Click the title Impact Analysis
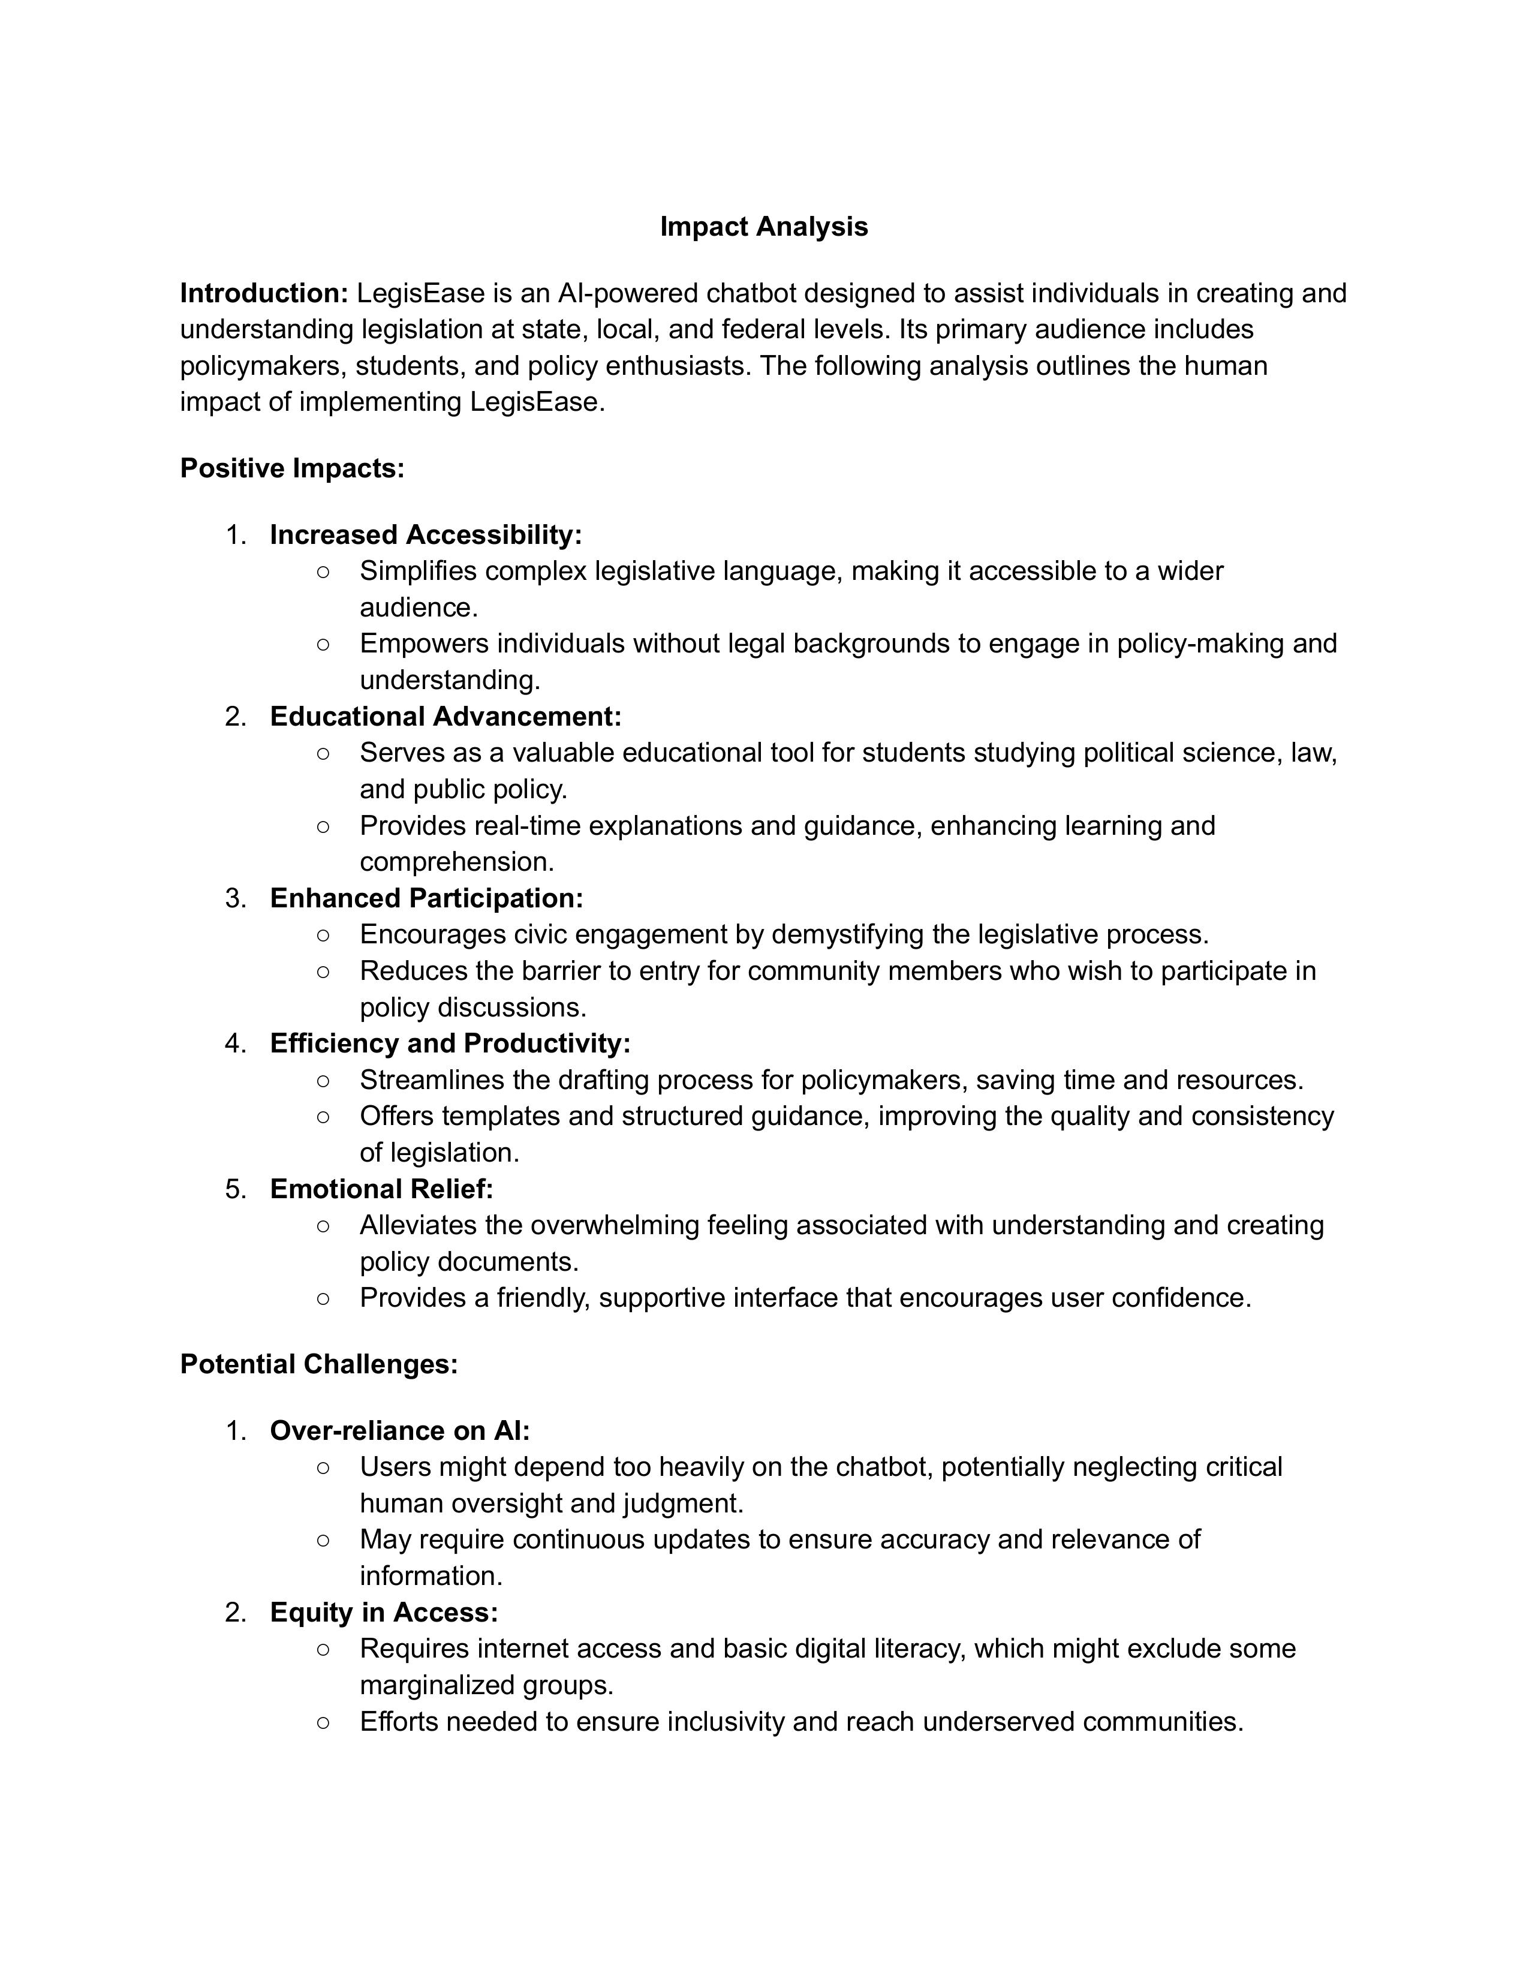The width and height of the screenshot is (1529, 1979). pos(763,227)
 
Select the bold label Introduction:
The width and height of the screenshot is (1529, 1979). pos(264,294)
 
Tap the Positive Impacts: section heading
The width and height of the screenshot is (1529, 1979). pos(291,468)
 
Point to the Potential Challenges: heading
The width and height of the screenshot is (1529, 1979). pos(319,1364)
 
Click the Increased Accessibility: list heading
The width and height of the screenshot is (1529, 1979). pos(426,534)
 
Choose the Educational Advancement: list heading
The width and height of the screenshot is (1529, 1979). pos(446,717)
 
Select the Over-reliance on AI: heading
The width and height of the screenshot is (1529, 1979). pos(399,1431)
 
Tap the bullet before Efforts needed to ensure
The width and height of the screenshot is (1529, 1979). pos(323,1722)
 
